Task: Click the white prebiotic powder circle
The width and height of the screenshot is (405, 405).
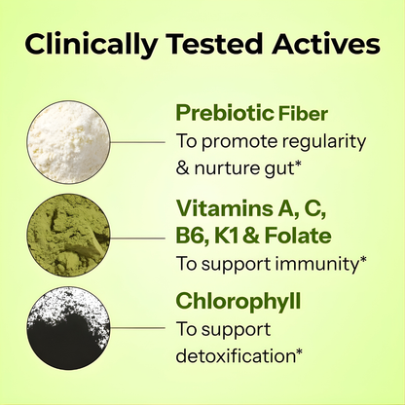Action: coord(67,138)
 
